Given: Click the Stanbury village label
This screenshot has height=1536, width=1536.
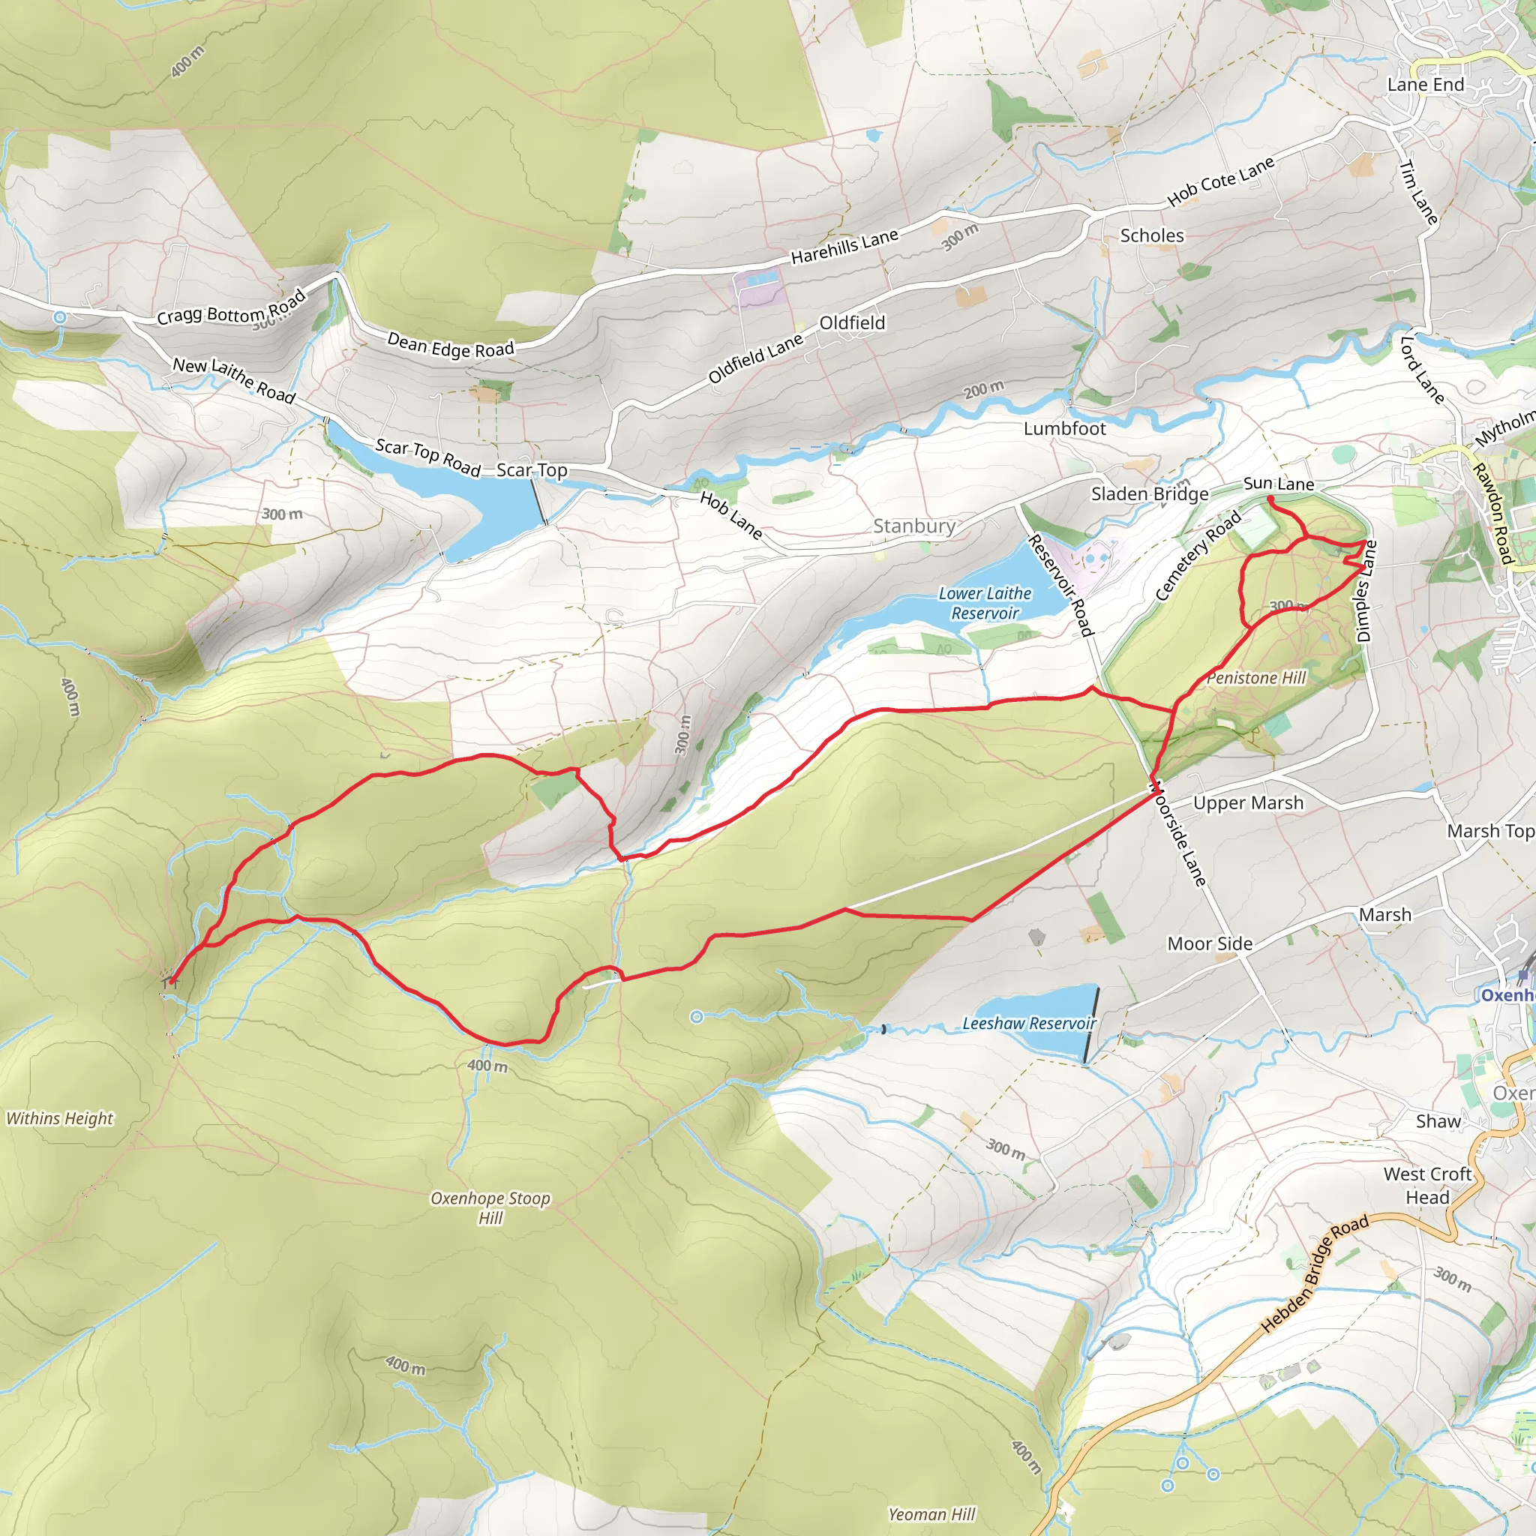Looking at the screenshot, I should pos(914,526).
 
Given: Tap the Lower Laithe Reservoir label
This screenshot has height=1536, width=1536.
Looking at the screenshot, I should pos(985,604).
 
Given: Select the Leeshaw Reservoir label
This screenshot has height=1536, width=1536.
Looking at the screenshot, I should pos(1029,1023).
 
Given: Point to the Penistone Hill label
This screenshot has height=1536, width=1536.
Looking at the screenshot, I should pos(1256,678).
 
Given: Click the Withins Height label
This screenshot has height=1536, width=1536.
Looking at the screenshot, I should pos(60,1118).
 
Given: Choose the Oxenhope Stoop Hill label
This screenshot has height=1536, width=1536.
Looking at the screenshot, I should pos(490,1207).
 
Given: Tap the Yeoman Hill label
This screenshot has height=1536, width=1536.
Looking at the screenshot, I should pos(931,1513).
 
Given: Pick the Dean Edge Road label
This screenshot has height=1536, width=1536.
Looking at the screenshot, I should pos(450,345).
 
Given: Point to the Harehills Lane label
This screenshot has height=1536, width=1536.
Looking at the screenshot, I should pos(844,247).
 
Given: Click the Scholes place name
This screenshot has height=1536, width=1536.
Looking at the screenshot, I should pos(1151,236).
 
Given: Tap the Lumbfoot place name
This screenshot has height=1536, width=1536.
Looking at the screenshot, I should pos(1064,429).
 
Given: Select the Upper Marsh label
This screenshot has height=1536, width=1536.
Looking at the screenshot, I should pos(1248,803).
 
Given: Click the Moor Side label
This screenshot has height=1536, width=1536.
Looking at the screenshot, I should pos(1209,943).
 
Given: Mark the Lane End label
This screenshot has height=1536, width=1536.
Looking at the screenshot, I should pos(1426,84).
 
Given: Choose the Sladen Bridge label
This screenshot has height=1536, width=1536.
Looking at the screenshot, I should pos(1150,493).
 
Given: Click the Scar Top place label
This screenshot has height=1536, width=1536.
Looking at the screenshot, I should pos(532,471).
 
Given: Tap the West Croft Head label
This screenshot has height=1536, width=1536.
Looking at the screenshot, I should pos(1428,1186).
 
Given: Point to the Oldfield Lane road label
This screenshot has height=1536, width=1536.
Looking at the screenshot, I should pos(755,358).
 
